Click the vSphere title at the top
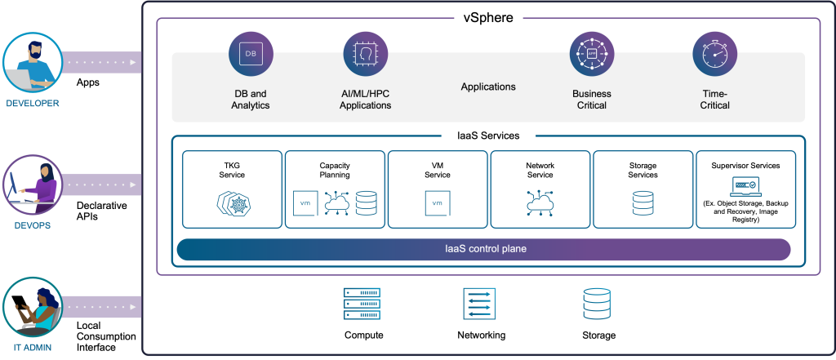point(487,17)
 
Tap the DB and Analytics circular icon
point(251,55)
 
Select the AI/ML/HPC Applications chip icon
point(365,55)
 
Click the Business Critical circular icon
point(592,55)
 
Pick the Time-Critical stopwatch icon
point(714,55)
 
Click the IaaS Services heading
point(487,136)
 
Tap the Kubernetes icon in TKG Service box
point(233,202)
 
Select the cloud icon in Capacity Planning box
point(336,202)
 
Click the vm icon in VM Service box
point(438,202)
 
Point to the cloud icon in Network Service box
point(540,202)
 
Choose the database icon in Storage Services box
point(643,202)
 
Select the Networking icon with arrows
point(481,304)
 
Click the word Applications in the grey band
point(488,87)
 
